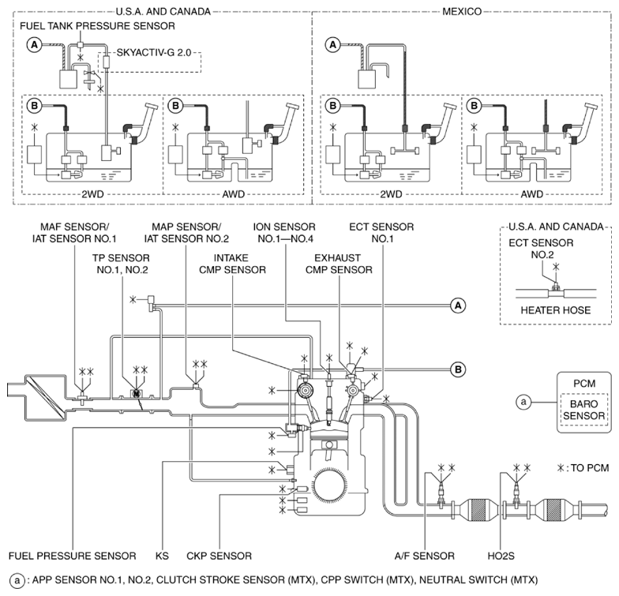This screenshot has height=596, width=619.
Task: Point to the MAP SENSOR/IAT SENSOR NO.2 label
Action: tap(186, 232)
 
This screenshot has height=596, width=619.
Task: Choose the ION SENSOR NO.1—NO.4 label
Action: tap(285, 232)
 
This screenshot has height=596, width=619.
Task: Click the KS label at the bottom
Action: tap(163, 556)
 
